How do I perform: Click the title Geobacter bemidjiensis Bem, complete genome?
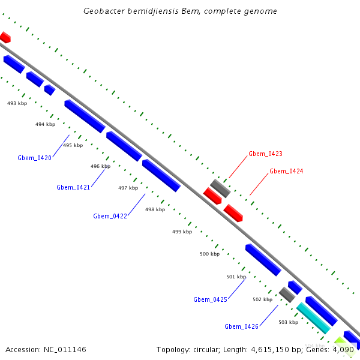[180, 11]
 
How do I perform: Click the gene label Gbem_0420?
[34, 158]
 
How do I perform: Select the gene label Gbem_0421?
[73, 187]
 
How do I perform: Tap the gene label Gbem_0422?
[110, 216]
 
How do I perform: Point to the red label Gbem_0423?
[265, 154]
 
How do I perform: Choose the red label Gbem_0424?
[286, 171]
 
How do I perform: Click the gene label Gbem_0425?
[210, 299]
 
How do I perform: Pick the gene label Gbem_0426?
[241, 326]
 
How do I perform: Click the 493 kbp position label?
[17, 103]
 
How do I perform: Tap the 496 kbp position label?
[100, 166]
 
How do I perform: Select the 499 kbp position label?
[182, 232]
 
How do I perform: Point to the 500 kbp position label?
[209, 254]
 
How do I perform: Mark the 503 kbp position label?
[288, 322]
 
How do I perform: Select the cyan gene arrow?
[313, 318]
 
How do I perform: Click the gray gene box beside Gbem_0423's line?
[220, 188]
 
